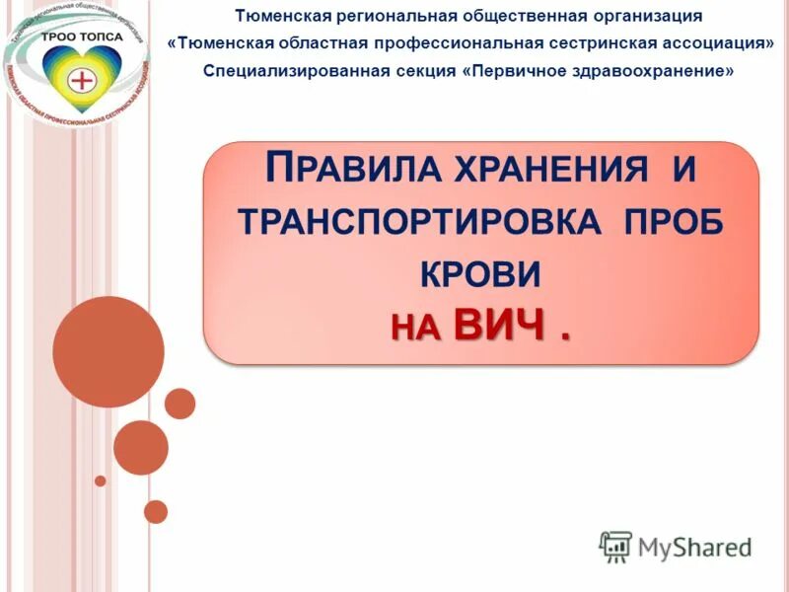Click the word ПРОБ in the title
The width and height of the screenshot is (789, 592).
675,221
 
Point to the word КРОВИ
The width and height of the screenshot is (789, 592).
480,273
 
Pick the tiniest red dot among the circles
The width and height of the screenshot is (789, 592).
100,481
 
